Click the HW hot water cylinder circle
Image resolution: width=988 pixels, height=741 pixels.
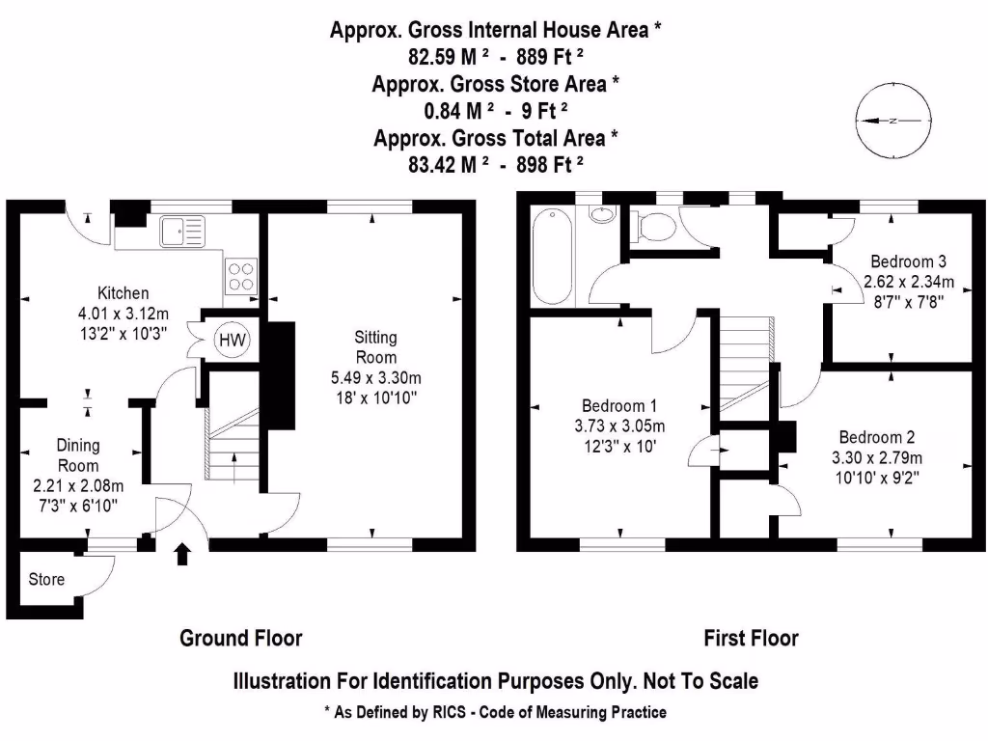click(x=232, y=340)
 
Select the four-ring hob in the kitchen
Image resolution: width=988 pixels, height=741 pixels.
click(x=240, y=277)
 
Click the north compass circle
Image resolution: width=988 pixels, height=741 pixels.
click(x=893, y=121)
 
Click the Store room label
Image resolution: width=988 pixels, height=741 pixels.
click(x=46, y=579)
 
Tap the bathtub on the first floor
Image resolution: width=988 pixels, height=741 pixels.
click(x=554, y=256)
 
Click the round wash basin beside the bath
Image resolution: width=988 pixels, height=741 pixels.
click(x=602, y=214)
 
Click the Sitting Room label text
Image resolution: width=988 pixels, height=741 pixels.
click(x=375, y=346)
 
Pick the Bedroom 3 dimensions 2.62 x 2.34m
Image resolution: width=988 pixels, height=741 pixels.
click(x=907, y=282)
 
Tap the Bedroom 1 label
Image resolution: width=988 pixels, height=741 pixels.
click(x=617, y=405)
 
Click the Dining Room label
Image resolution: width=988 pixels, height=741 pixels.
click(x=77, y=455)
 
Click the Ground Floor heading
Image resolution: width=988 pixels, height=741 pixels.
click(x=241, y=638)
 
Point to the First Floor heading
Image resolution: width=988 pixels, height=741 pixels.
click(x=751, y=638)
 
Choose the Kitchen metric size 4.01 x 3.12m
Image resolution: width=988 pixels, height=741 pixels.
click(x=123, y=313)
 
